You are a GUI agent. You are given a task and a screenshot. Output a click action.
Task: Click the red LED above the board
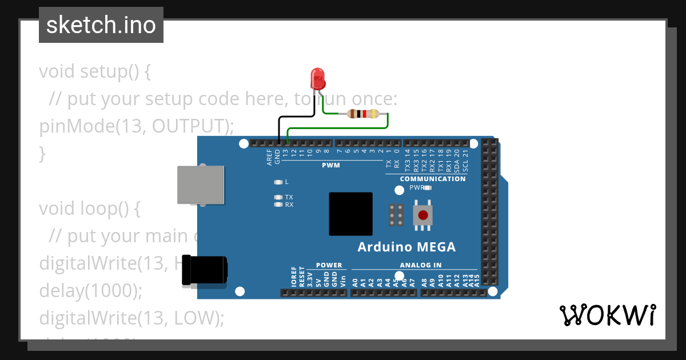click(317, 78)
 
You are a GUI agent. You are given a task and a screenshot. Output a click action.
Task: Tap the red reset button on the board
click(422, 215)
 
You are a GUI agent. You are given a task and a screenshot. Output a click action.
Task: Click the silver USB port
click(200, 185)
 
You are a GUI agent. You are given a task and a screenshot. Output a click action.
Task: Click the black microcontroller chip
click(350, 214)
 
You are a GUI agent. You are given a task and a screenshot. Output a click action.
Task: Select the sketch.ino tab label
click(101, 25)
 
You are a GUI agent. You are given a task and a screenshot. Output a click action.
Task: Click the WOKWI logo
click(607, 315)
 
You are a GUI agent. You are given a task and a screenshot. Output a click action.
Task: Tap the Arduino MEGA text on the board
click(406, 247)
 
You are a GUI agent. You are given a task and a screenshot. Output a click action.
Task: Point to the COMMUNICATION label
click(433, 179)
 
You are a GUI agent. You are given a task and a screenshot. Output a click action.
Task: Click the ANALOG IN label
click(420, 265)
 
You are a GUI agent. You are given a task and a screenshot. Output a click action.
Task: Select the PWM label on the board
click(330, 166)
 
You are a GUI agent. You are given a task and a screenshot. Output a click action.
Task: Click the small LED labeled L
click(278, 182)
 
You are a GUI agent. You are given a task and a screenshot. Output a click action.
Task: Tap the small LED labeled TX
click(278, 197)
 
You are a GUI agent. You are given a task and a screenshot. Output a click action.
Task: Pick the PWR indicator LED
click(427, 187)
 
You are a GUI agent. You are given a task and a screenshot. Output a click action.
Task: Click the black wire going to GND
click(279, 129)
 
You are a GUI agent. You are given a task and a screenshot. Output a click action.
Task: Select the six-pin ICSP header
click(396, 214)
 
